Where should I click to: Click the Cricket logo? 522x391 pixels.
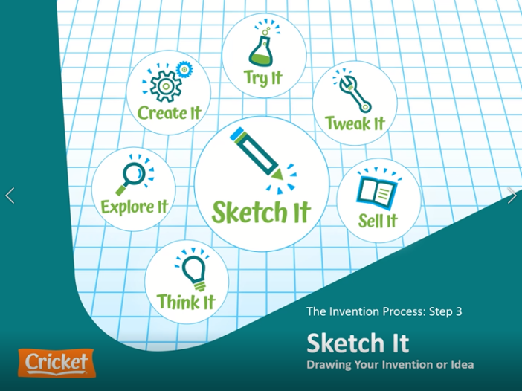(x=58, y=363)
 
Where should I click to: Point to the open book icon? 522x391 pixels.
(x=376, y=191)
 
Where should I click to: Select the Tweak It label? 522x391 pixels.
(x=355, y=123)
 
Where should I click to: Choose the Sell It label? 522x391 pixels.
(x=378, y=221)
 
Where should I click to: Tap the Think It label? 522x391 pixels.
(x=186, y=301)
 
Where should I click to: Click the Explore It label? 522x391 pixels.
(x=135, y=206)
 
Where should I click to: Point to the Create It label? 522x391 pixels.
(x=170, y=113)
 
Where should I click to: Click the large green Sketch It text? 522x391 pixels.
(x=261, y=212)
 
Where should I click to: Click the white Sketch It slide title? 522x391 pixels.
(x=358, y=343)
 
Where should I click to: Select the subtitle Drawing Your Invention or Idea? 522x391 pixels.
(x=390, y=364)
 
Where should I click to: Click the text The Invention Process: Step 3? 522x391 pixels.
(x=384, y=311)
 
